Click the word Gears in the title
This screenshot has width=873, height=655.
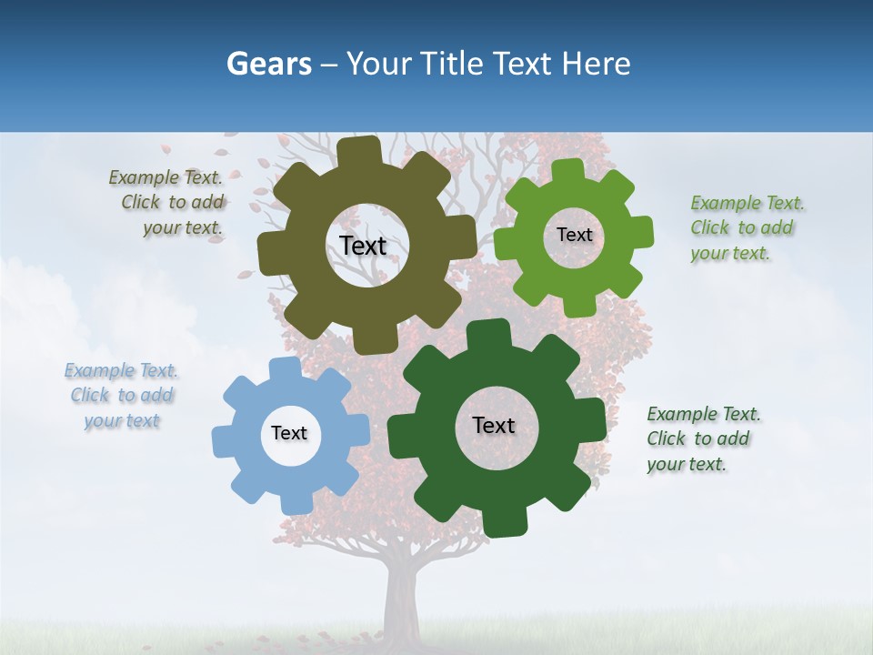269,64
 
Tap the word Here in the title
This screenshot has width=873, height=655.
596,64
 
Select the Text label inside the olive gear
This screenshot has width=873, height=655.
363,246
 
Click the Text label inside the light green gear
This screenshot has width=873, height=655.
574,235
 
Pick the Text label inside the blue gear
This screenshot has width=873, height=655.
289,433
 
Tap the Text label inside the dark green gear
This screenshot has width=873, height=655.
494,425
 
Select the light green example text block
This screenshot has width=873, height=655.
746,227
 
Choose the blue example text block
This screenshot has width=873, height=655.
122,396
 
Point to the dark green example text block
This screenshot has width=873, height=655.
702,438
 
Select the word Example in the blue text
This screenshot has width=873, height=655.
98,370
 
